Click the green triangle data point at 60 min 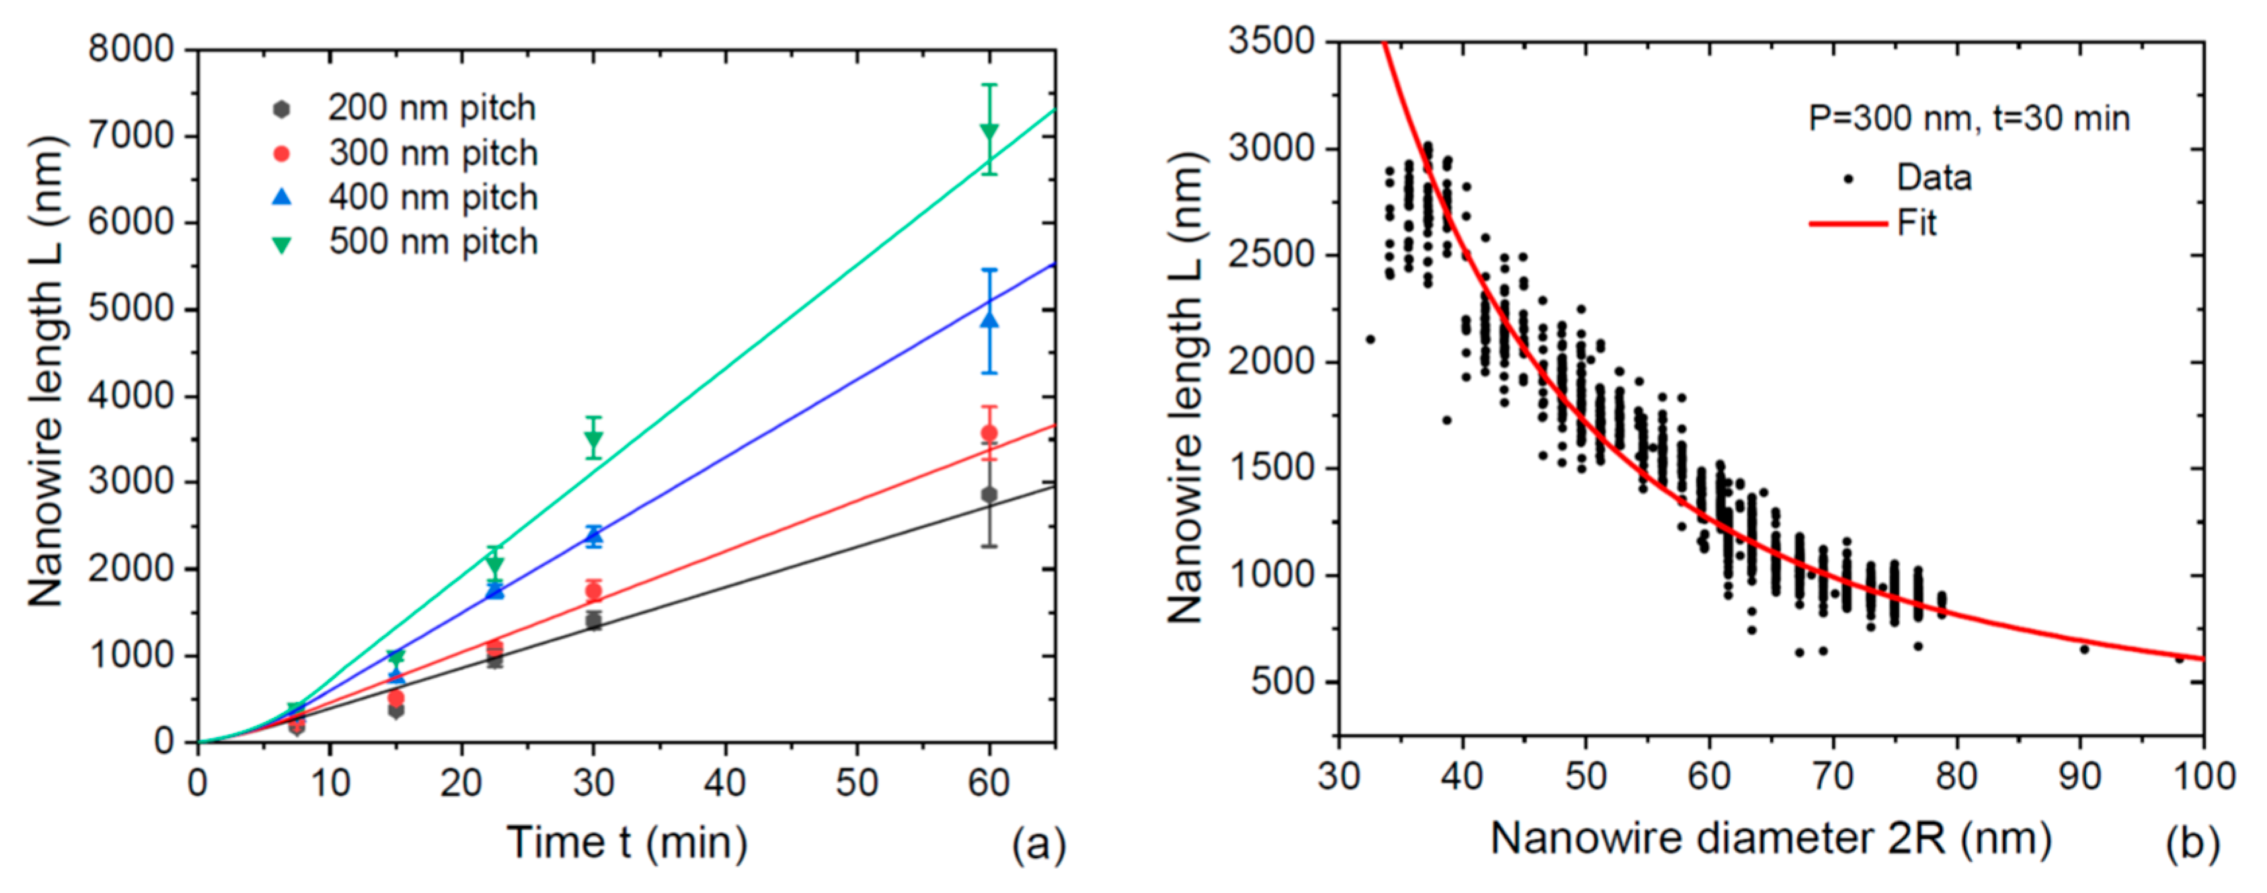(989, 132)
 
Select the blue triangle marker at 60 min (989, 319)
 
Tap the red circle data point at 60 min (989, 433)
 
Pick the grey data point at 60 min (989, 494)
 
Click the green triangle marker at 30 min (593, 438)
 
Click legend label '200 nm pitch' (431, 108)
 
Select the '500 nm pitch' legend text (432, 242)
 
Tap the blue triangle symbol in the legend (282, 197)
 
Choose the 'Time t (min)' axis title (627, 842)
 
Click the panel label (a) (1039, 844)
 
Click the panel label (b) (2193, 842)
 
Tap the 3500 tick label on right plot (1271, 40)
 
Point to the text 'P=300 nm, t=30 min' (1968, 118)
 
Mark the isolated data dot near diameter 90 (2084, 650)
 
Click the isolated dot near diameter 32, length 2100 (1370, 340)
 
